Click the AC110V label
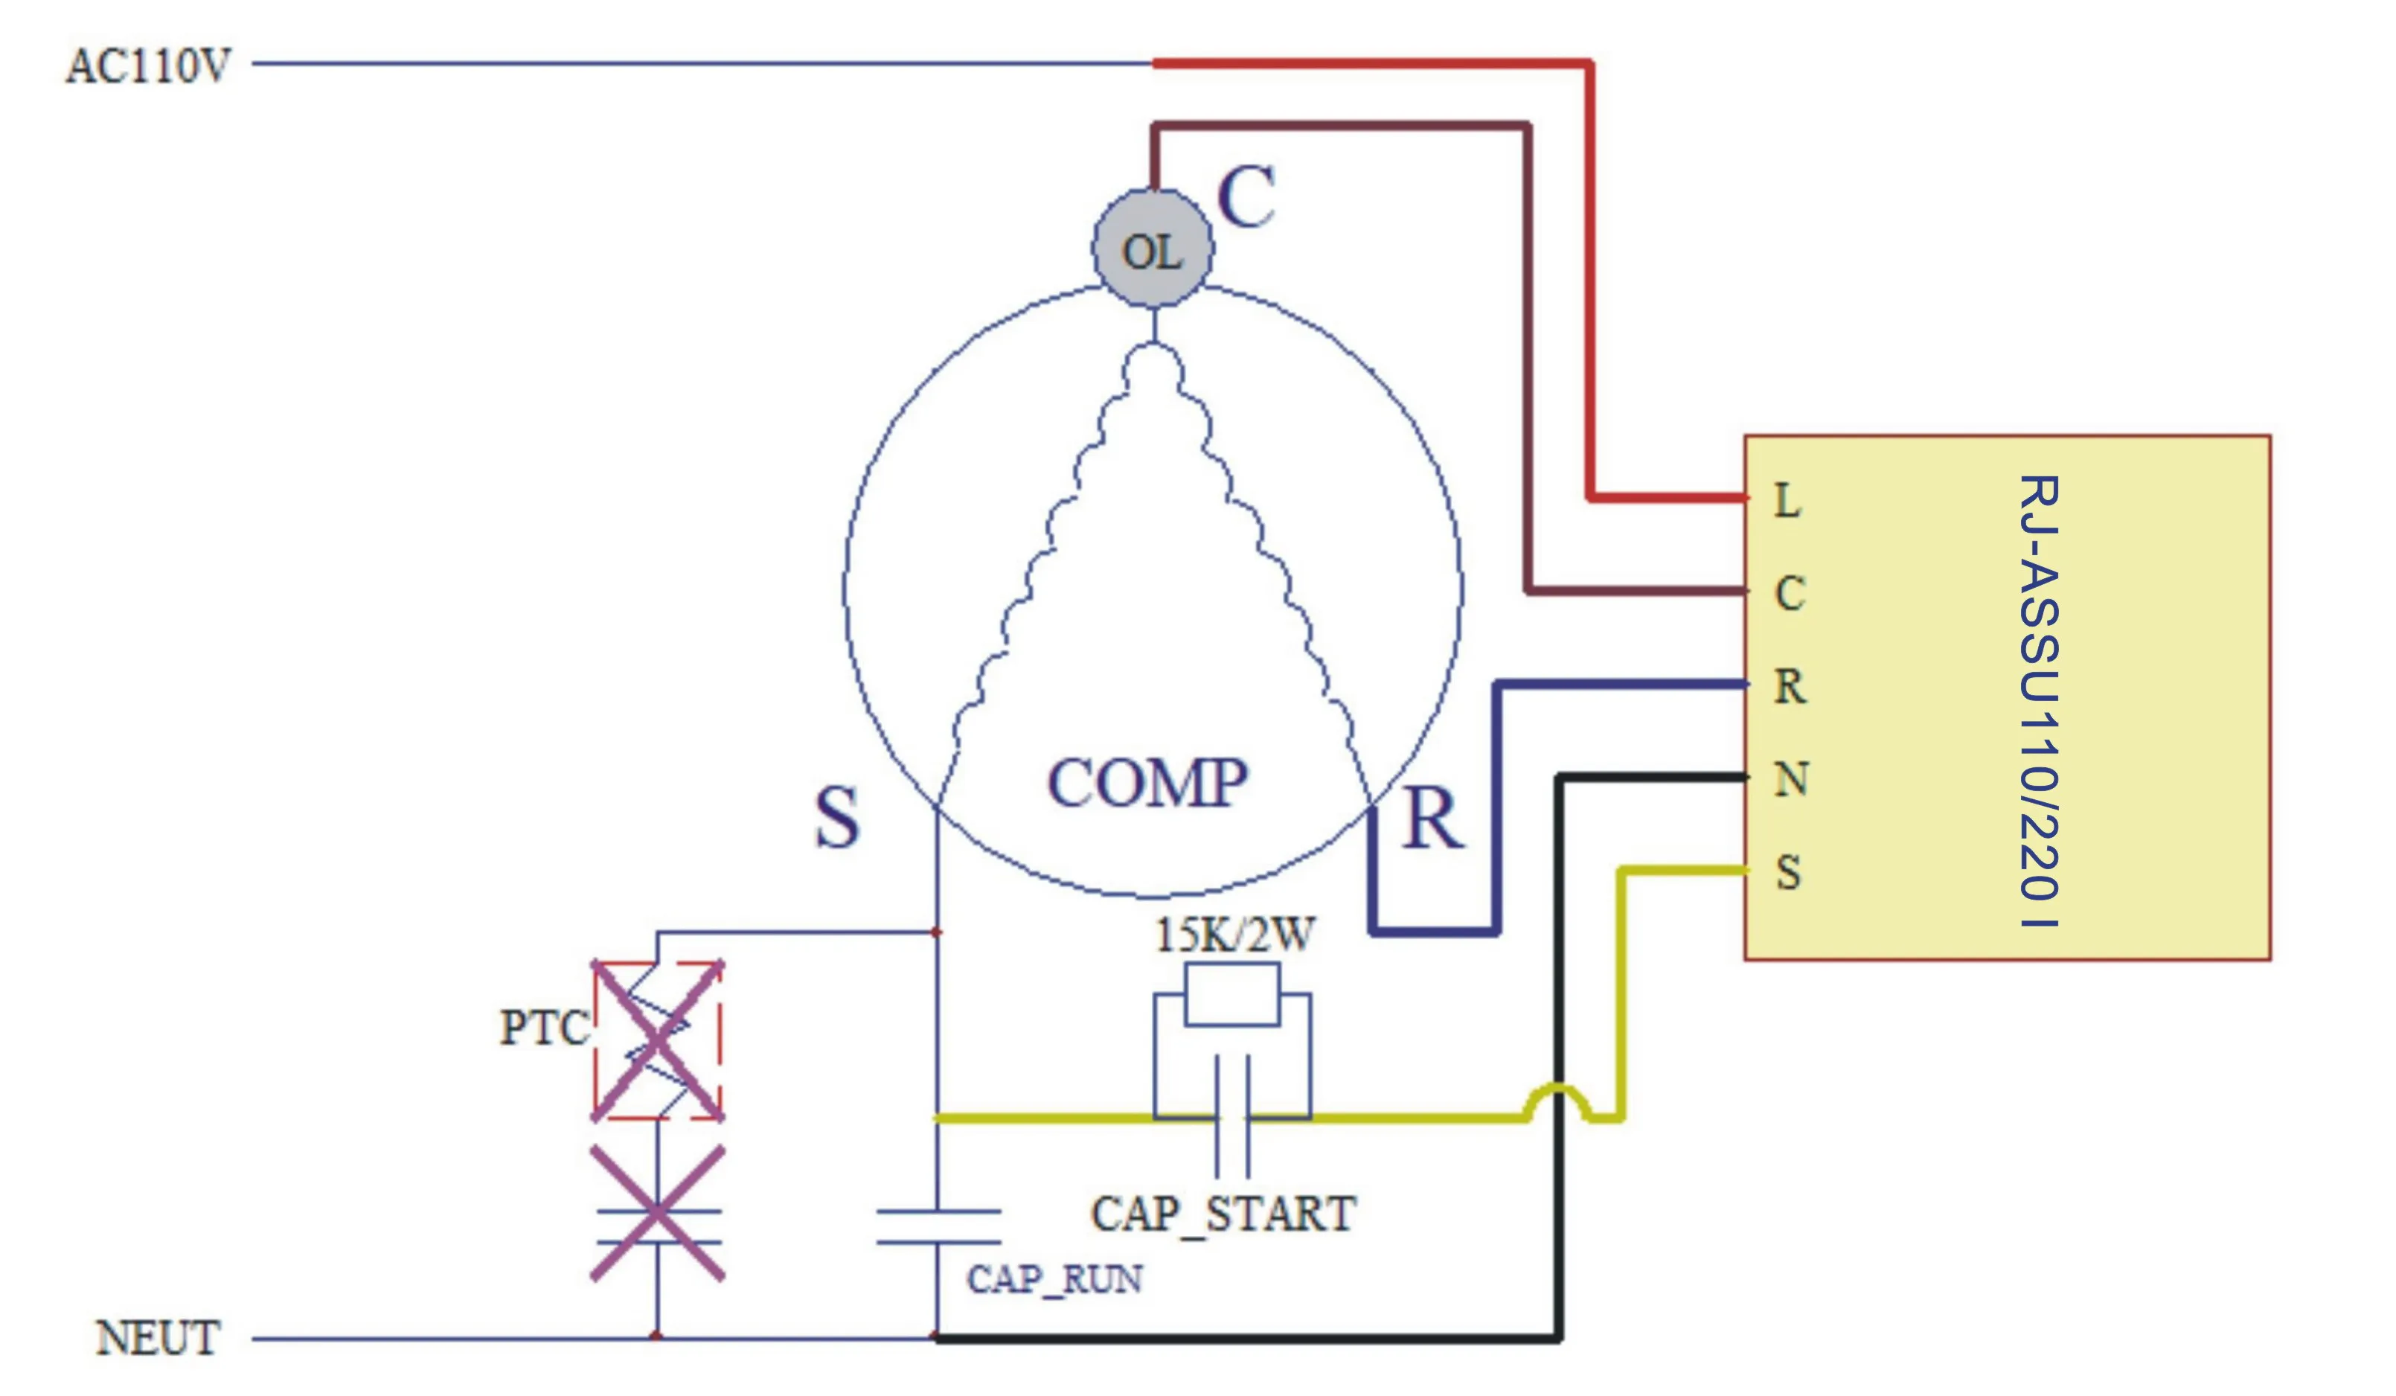147,65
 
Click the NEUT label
157,1338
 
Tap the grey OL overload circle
1153,249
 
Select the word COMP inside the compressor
1147,784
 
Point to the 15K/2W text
1234,935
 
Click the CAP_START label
1223,1214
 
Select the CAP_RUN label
1054,1280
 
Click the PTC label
544,1028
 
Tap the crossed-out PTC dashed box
657,1040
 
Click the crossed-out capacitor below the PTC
657,1214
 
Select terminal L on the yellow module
1787,500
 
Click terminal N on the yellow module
1790,780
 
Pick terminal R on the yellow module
1790,687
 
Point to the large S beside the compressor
836,818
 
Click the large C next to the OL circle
1246,198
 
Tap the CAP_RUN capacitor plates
938,1227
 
